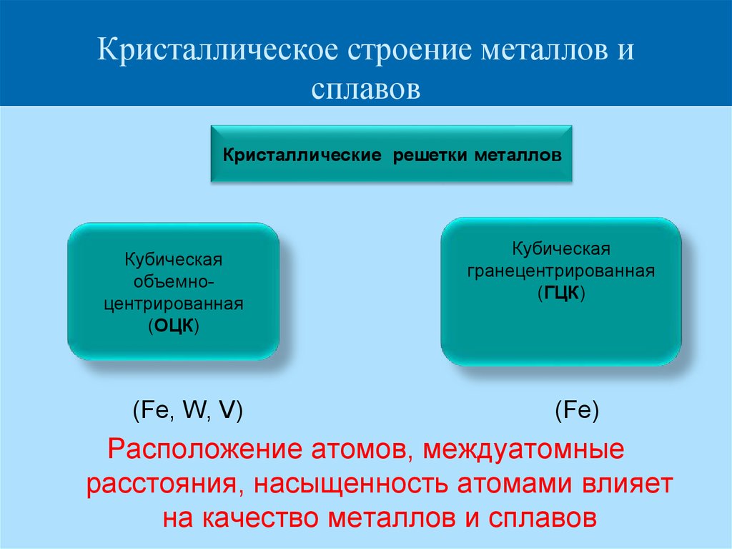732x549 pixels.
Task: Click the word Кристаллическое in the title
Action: [x=217, y=49]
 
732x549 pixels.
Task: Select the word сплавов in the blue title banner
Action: [x=365, y=89]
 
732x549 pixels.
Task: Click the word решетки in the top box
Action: [x=430, y=155]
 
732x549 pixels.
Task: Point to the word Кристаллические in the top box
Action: [x=302, y=155]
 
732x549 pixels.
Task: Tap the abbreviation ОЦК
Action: [x=174, y=326]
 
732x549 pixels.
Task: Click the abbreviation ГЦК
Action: [x=561, y=293]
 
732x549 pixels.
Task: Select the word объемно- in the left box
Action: [x=174, y=281]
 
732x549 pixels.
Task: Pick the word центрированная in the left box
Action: [x=174, y=304]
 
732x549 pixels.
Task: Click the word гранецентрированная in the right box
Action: [x=561, y=271]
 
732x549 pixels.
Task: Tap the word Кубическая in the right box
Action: [x=561, y=249]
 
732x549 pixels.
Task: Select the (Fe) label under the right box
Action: [x=577, y=411]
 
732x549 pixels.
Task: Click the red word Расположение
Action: [x=205, y=450]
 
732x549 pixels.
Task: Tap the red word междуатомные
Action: [x=523, y=450]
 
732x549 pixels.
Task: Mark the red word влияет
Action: [x=626, y=484]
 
